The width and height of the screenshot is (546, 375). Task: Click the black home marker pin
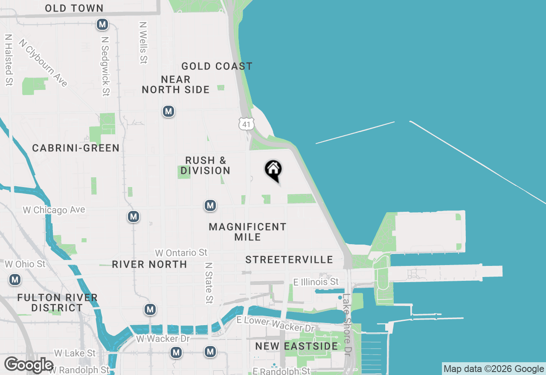tap(273, 170)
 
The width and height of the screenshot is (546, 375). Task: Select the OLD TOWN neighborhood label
tap(74, 8)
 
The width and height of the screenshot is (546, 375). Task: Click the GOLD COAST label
tap(217, 66)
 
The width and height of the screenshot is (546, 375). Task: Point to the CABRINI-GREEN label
tap(76, 148)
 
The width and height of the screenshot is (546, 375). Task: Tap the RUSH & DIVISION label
tap(205, 165)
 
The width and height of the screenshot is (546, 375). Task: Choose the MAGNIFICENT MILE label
tap(247, 232)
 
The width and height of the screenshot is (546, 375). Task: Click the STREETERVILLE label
tap(289, 260)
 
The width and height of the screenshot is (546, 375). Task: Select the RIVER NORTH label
tap(149, 264)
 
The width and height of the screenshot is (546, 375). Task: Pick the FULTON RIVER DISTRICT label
tap(58, 303)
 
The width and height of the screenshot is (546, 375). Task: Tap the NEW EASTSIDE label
tap(296, 346)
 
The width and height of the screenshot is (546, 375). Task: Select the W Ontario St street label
tap(181, 253)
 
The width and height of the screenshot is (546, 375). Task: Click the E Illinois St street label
tap(316, 282)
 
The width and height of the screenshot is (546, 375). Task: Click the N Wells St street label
tap(143, 43)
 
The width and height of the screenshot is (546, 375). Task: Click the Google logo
tap(29, 365)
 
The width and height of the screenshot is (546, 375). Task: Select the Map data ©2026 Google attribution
tap(494, 369)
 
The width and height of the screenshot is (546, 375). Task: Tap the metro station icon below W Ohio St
tap(15, 280)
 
